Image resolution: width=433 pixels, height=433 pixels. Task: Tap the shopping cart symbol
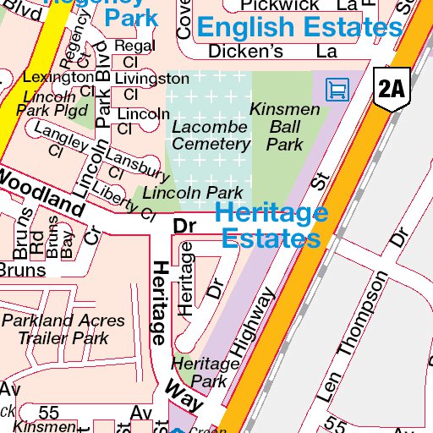click(x=337, y=88)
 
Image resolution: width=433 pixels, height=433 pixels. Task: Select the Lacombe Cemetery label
click(x=211, y=135)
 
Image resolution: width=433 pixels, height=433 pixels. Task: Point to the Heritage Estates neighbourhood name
click(x=271, y=225)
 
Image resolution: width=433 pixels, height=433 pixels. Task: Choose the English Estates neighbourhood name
click(x=299, y=27)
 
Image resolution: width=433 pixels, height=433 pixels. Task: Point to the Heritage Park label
click(x=206, y=372)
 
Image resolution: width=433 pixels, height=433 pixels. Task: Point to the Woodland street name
click(x=42, y=191)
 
